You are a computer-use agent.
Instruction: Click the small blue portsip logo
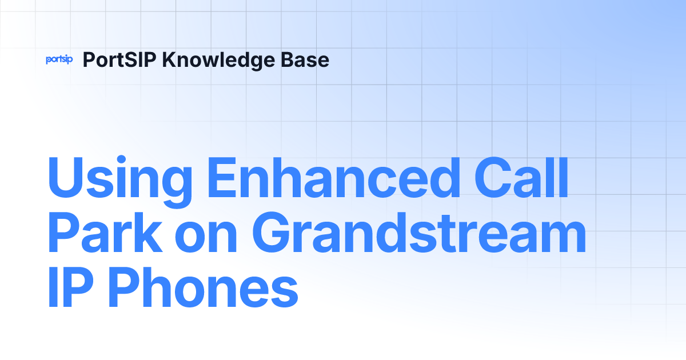pyautogui.click(x=59, y=59)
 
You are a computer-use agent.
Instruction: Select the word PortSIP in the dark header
pyautogui.click(x=119, y=59)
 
